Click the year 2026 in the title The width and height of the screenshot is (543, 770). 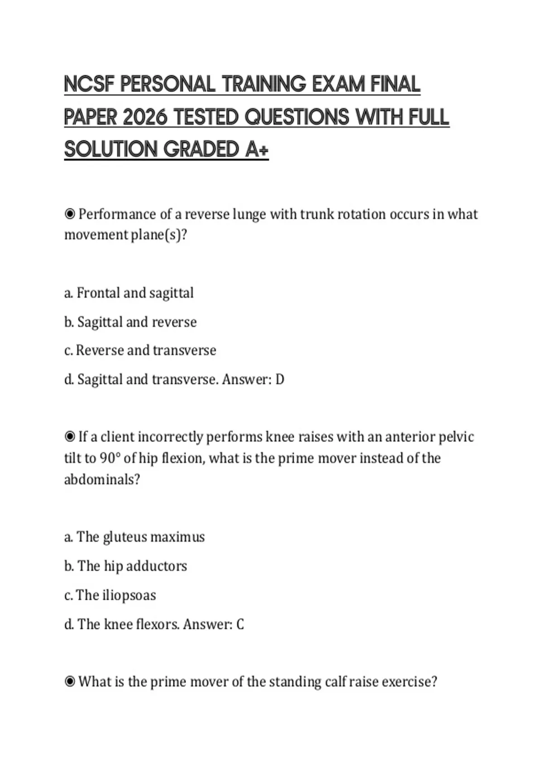tap(145, 117)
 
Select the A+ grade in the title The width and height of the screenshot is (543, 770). tap(257, 149)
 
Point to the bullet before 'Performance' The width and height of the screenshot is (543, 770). tap(70, 214)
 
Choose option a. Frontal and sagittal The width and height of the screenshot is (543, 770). tap(129, 293)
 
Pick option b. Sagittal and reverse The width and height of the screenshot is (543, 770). tap(130, 322)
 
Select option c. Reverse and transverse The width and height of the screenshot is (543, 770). tap(140, 350)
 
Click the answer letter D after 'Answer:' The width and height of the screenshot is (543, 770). tap(280, 380)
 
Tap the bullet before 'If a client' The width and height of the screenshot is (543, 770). tap(70, 437)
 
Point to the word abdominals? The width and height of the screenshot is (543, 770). tap(102, 479)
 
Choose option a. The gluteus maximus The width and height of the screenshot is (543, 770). tap(134, 537)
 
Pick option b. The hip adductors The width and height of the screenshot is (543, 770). tap(125, 566)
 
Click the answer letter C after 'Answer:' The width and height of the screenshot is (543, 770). tap(240, 625)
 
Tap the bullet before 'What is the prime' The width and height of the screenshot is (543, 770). tap(70, 682)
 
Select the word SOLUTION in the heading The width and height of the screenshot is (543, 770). tap(110, 149)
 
